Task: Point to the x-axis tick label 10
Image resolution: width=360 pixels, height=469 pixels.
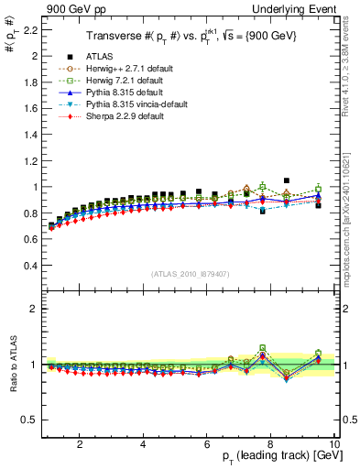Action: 334,444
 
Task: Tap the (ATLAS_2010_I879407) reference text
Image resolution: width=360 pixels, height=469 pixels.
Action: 190,274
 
